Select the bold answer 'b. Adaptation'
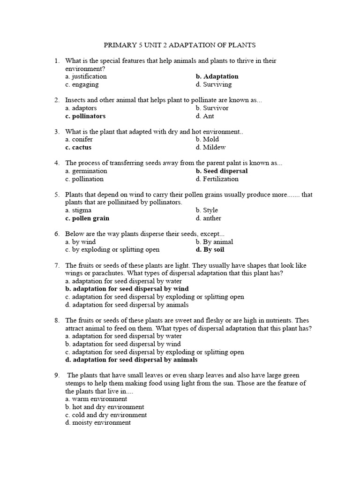click(x=217, y=76)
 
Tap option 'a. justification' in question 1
click(x=86, y=76)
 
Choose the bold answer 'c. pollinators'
click(x=85, y=116)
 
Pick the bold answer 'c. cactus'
click(x=78, y=147)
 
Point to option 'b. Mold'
click(x=207, y=139)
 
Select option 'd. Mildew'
click(x=210, y=147)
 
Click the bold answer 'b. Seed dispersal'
click(x=222, y=171)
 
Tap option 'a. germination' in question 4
click(x=86, y=171)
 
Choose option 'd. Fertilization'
click(x=217, y=179)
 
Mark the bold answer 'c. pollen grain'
click(x=87, y=218)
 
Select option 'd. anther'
click(x=209, y=218)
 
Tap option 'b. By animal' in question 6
click(x=214, y=242)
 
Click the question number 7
click(x=56, y=265)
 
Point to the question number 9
click(x=56, y=375)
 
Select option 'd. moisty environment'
click(x=98, y=423)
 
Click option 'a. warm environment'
click(x=96, y=399)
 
